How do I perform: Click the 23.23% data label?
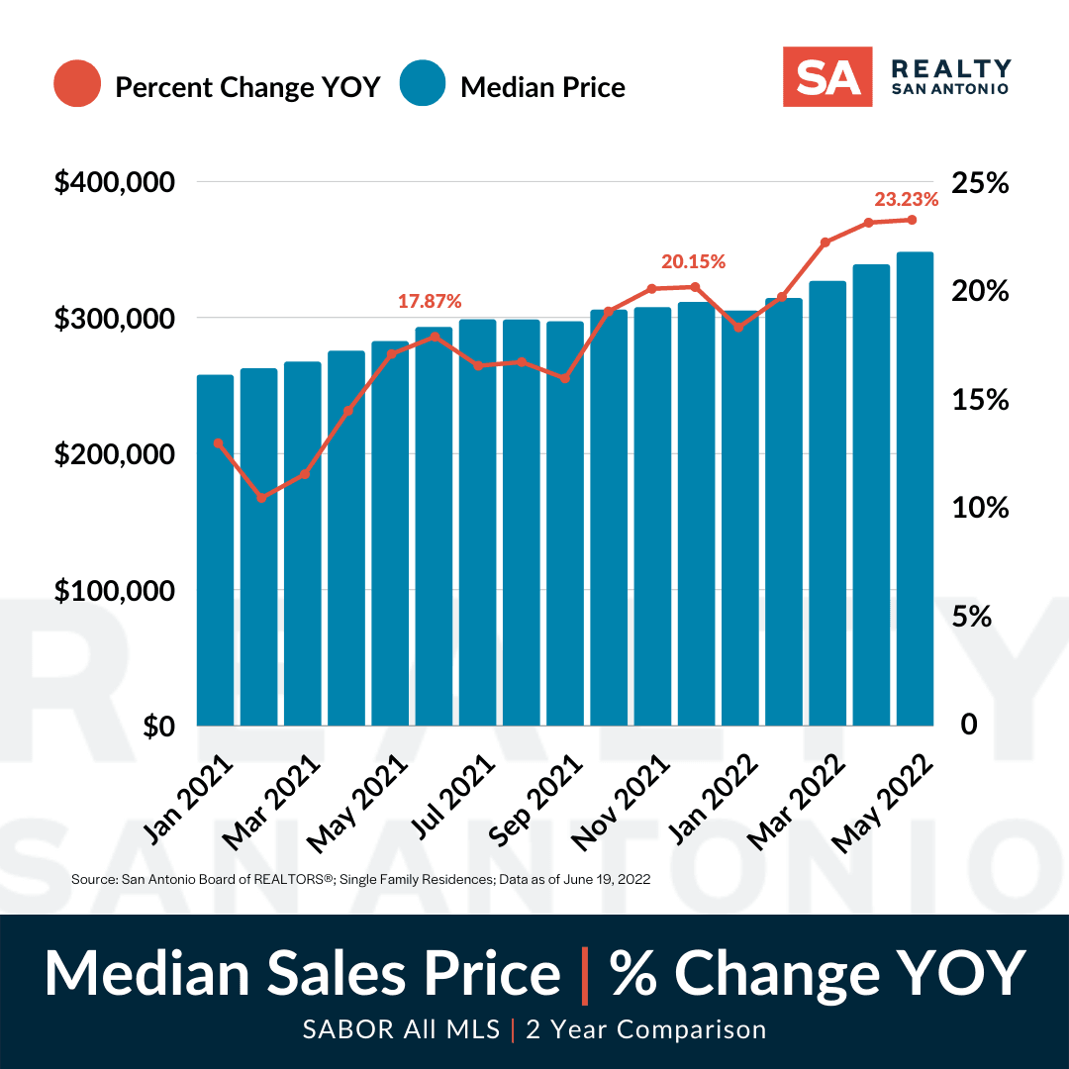coord(906,199)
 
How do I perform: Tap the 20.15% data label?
coord(693,261)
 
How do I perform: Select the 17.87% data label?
coord(430,301)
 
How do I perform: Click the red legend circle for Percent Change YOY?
coord(77,84)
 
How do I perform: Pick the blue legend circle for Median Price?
coord(423,83)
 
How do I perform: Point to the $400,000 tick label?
coord(115,183)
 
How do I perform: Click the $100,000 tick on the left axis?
coord(115,590)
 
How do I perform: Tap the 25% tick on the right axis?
coord(980,183)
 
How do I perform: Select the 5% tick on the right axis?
coord(972,617)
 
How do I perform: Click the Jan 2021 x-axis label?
coord(188,800)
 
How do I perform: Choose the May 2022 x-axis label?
coord(882,804)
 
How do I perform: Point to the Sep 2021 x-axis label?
coord(535,801)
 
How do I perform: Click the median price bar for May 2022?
coord(915,489)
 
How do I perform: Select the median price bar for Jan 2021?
coord(216,550)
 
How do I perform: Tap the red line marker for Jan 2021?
coord(218,443)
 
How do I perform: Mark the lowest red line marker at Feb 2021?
coord(261,498)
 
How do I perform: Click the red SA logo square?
coord(826,77)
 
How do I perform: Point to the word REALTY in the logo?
coord(951,69)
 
